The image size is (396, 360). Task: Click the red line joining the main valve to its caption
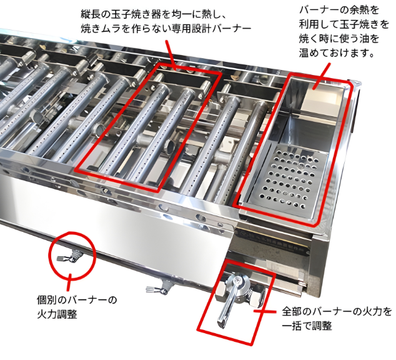267,311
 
